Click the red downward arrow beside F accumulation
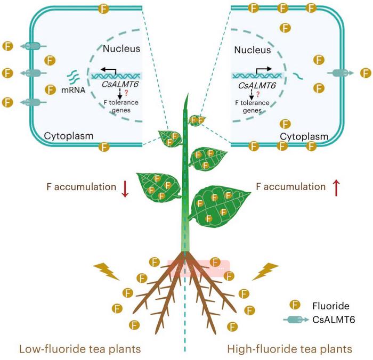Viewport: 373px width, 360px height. point(125,189)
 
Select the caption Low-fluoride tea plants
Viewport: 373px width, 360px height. point(80,349)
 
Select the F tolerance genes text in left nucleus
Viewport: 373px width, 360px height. point(110,107)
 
